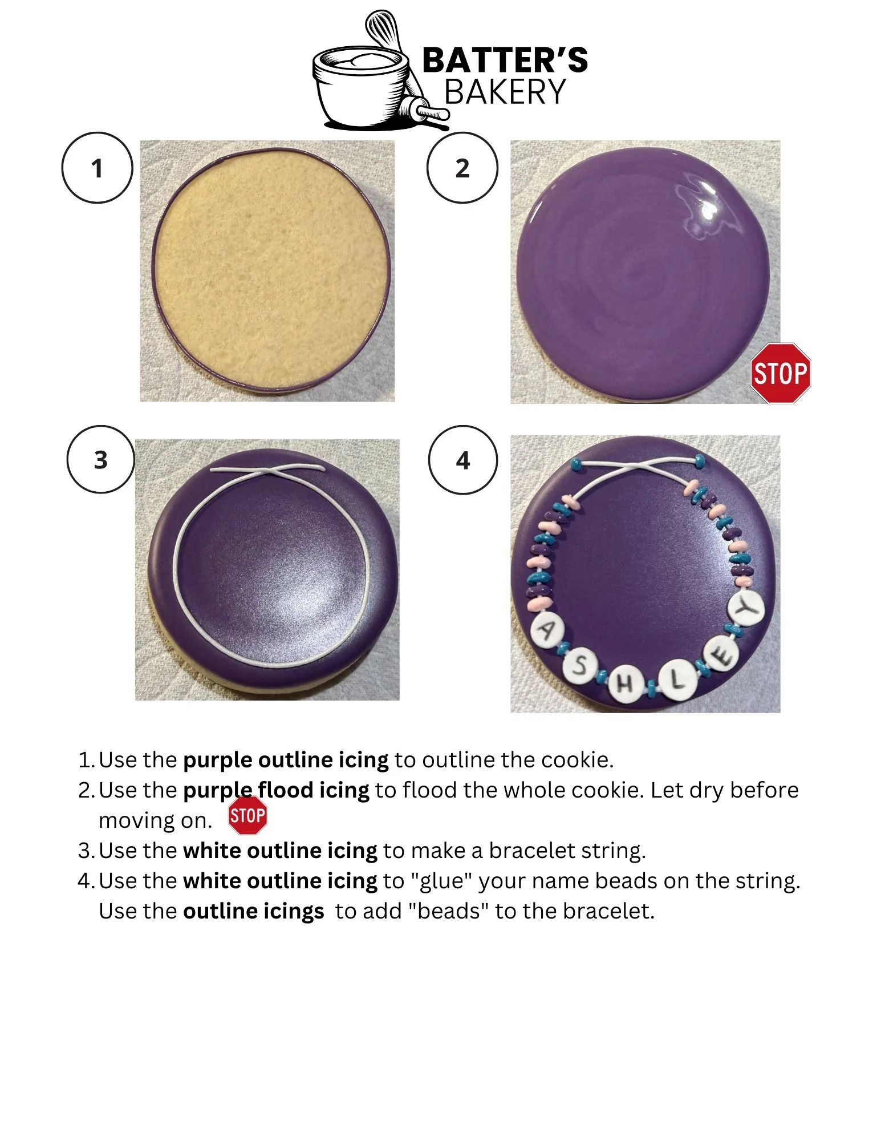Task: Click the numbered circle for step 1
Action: tap(97, 168)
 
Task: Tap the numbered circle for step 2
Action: tap(462, 168)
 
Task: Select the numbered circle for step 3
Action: tap(101, 459)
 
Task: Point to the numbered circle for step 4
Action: tap(462, 459)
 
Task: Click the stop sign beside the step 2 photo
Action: tap(780, 374)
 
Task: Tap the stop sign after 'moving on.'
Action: tap(247, 815)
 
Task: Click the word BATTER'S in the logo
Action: tap(505, 60)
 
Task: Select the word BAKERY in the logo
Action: tap(505, 92)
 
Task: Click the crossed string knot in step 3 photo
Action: tap(267, 472)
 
